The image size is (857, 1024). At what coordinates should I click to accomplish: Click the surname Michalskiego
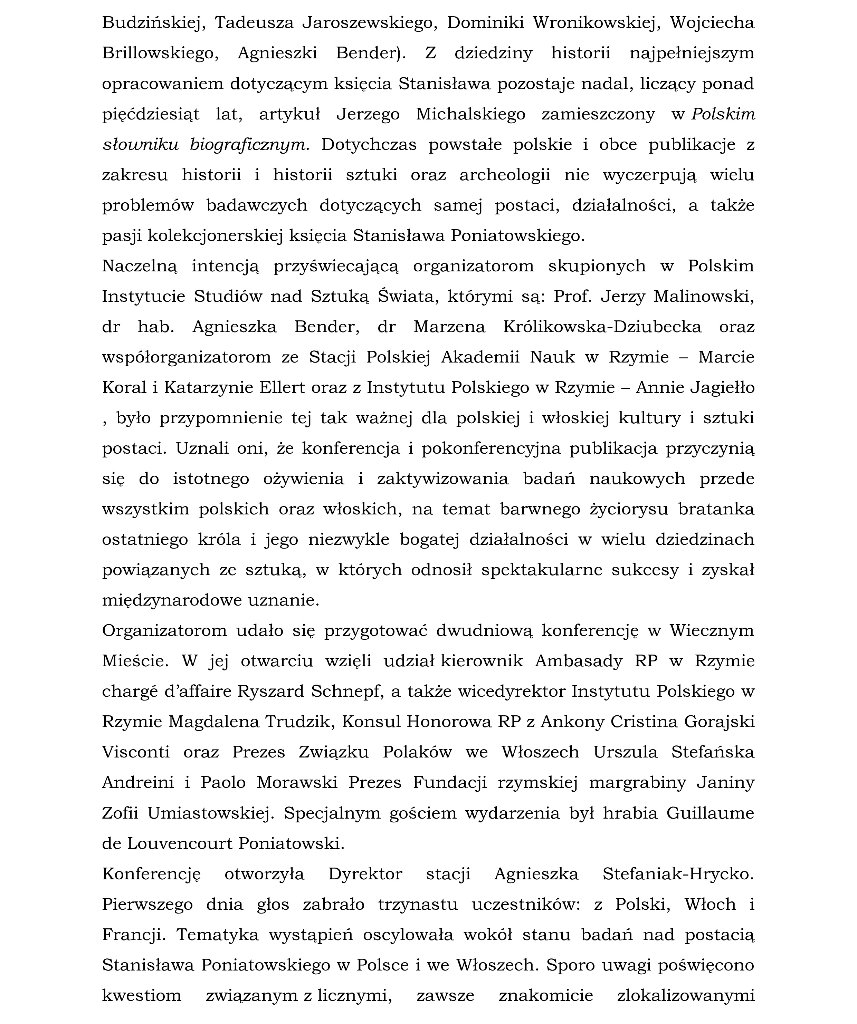pos(471,114)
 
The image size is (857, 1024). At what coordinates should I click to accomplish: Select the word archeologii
pos(505,175)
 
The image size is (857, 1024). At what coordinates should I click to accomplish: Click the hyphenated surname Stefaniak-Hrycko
pos(678,874)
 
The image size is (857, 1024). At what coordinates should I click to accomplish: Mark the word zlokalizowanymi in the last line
pos(685,995)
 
